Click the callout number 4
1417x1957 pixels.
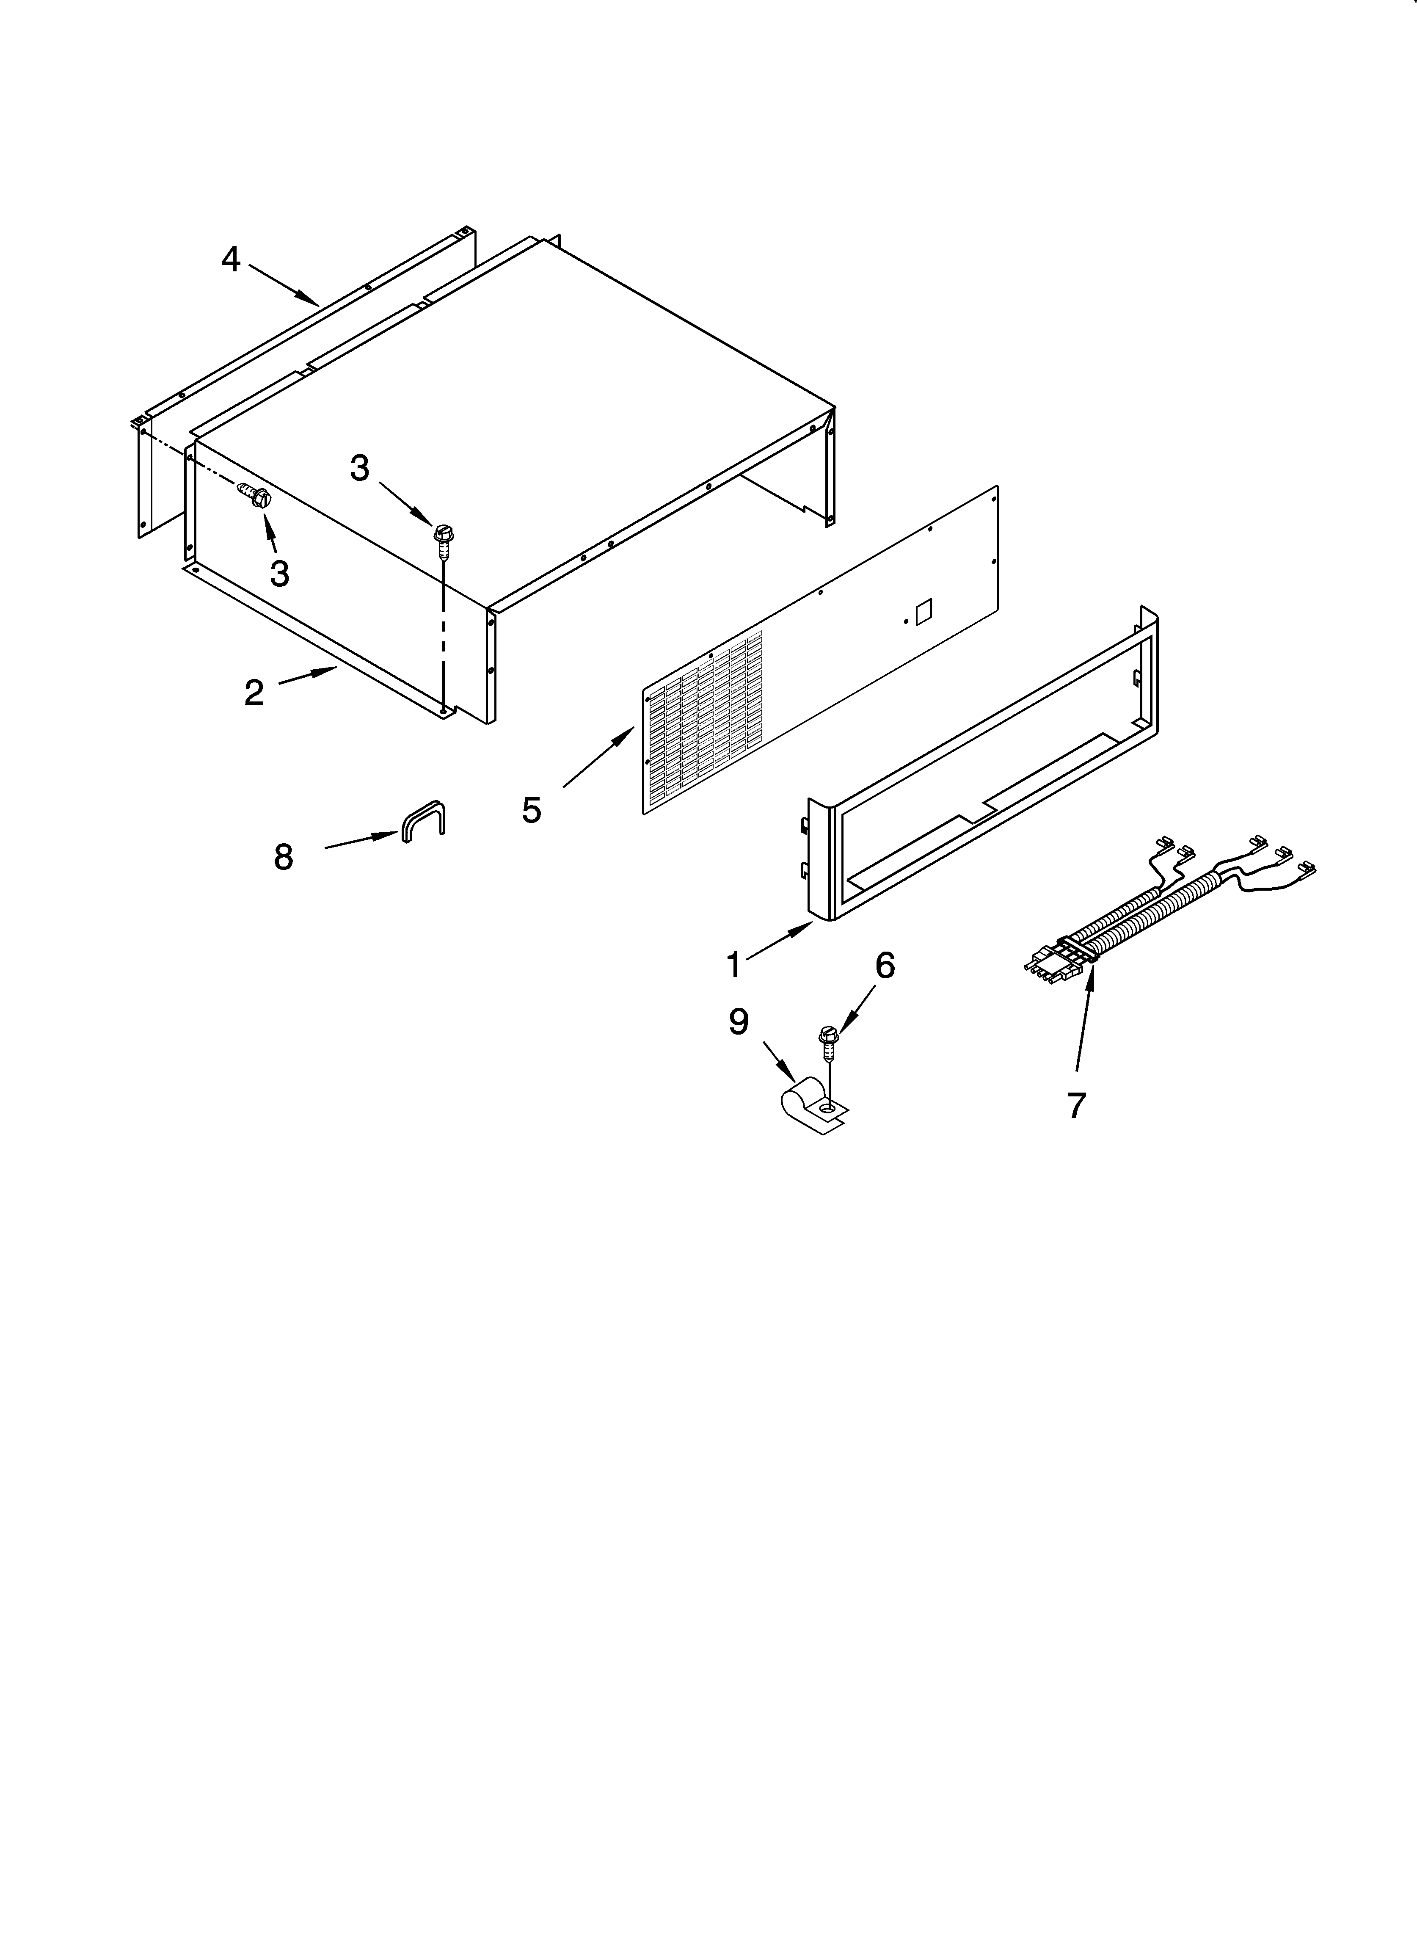(230, 259)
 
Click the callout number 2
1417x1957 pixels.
(254, 692)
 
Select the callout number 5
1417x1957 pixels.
(532, 809)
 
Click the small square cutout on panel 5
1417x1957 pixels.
(923, 612)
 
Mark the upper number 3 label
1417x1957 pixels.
(360, 469)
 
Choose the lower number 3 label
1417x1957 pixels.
(279, 574)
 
